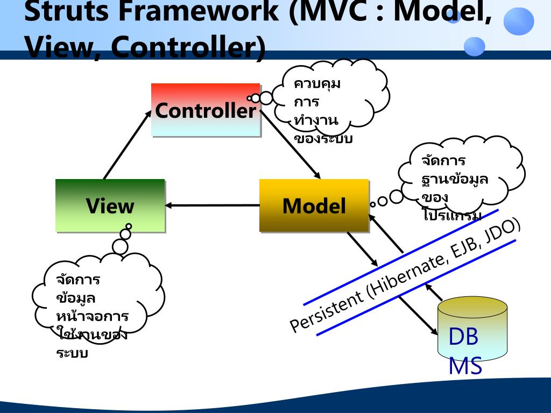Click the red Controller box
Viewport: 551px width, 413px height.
click(206, 110)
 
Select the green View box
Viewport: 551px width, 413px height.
click(110, 205)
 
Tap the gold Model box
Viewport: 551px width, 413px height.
click(314, 205)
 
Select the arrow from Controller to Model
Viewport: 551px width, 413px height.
click(291, 145)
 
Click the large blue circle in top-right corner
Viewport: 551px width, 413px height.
click(519, 22)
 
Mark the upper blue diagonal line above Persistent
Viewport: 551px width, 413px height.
click(401, 258)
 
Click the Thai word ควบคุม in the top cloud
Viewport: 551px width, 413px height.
click(317, 84)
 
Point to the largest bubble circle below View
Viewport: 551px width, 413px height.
click(120, 247)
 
